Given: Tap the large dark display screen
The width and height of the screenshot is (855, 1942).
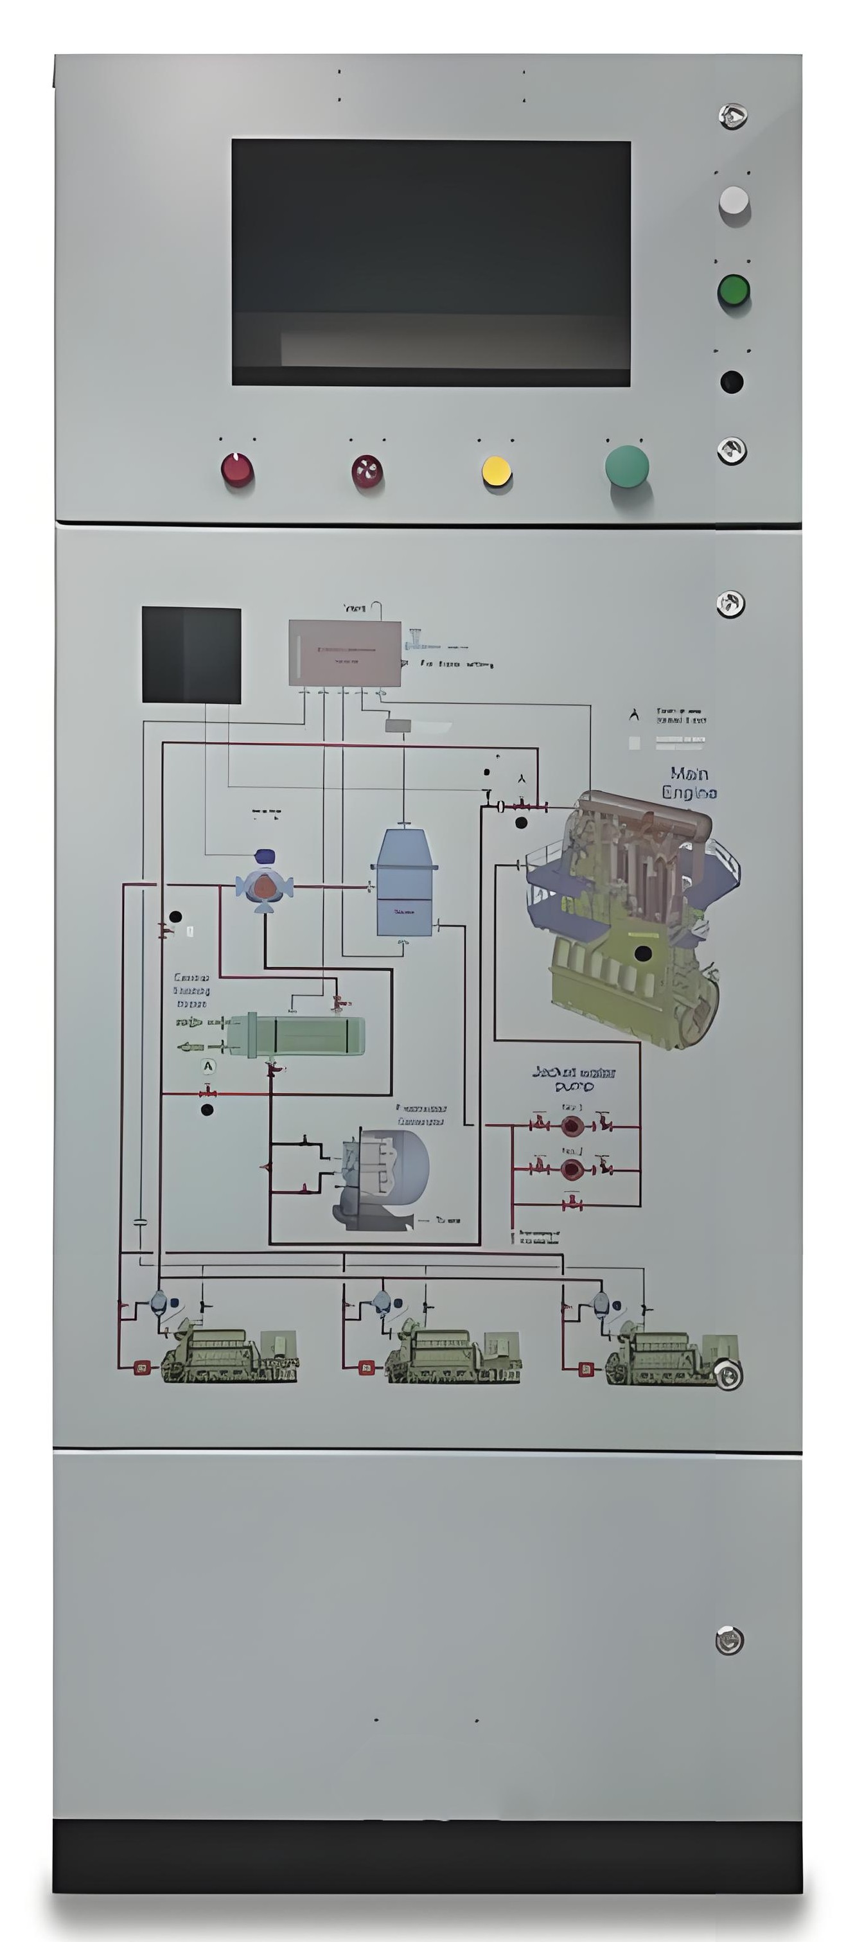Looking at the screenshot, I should (430, 261).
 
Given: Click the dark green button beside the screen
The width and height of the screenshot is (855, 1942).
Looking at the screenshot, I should (733, 290).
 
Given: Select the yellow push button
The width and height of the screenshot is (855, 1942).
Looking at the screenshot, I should (496, 471).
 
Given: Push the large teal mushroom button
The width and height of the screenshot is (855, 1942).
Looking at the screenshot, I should (626, 465).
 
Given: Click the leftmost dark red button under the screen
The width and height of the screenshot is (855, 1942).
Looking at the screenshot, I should (237, 470).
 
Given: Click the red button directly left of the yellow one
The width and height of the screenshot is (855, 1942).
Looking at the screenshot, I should (367, 471).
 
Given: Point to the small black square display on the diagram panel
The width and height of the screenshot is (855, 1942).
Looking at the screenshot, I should (191, 655).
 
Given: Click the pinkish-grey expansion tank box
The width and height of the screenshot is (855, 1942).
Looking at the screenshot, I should (344, 652).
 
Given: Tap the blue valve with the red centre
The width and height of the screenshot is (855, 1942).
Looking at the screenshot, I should (264, 886).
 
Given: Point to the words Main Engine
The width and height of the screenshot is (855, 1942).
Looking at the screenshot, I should (689, 782).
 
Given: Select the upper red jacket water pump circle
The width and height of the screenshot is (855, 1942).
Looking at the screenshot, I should (572, 1125).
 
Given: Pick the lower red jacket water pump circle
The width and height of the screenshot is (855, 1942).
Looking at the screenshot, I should (572, 1169).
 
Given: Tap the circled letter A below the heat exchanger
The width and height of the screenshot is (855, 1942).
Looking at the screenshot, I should (208, 1066).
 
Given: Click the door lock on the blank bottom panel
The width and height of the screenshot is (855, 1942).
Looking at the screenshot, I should (728, 1639).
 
